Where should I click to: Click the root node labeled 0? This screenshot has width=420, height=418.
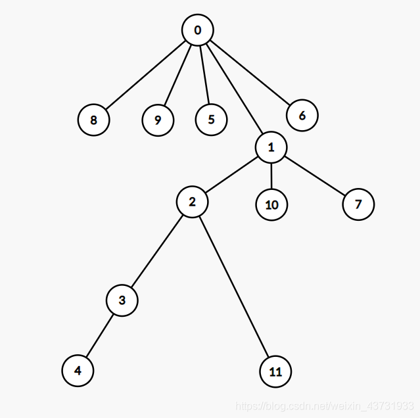tap(198, 30)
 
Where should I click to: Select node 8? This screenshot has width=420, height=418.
tap(93, 120)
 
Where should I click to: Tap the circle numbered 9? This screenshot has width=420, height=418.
tap(158, 120)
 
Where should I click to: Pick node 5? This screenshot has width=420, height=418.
tap(211, 120)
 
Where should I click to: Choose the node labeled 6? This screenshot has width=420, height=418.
tap(302, 116)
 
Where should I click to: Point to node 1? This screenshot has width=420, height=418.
tap(271, 149)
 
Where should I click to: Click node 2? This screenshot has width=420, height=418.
tap(193, 202)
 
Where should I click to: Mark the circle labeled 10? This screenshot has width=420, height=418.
tap(271, 204)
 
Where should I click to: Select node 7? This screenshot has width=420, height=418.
tap(358, 204)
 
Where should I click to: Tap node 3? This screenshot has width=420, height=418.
tap(122, 300)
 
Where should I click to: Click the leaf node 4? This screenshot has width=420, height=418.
tap(78, 371)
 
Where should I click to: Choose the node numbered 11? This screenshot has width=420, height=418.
tap(275, 372)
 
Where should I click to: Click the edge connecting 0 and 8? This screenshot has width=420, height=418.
tap(146, 75)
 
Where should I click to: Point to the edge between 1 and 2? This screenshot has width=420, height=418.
tap(232, 175)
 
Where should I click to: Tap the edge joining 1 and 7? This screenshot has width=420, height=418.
tap(315, 176)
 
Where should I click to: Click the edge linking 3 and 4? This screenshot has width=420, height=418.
tap(101, 335)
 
